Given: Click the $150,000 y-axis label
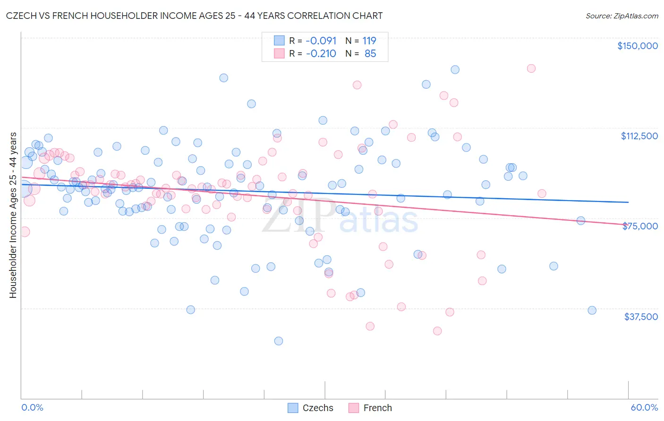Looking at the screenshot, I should pos(637,46).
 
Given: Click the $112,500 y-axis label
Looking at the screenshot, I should pos(639,136).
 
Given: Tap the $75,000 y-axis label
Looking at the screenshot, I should pos(640,226).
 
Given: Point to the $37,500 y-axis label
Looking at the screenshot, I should pos(641,317).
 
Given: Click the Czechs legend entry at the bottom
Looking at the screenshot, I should pos(317,408).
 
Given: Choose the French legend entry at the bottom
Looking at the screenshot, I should pos(377,408).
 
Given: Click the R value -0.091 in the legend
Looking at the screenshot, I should pos(321,41).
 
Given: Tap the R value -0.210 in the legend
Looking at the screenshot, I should pos(321,53).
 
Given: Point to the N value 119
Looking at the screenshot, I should pos(369,41).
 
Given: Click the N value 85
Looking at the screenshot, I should pos(370,53).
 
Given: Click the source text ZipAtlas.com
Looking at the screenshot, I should pos(621,16).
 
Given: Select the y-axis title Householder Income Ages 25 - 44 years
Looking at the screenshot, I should pos(13,215).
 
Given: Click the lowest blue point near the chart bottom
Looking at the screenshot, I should pos(279,341).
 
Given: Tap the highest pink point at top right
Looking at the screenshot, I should pos(531,68).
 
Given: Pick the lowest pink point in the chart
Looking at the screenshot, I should pos(437,331).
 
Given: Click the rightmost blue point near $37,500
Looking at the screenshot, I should pos(592,310).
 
